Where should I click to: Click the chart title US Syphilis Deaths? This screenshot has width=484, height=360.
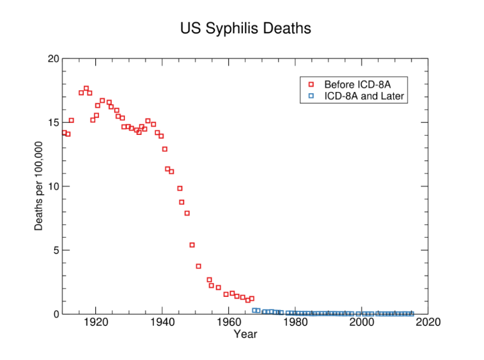click(245, 29)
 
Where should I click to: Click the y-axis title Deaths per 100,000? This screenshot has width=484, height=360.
click(39, 186)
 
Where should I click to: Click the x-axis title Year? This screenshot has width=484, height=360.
click(245, 334)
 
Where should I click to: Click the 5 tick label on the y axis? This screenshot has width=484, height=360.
click(56, 250)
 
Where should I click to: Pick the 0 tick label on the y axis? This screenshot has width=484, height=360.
click(56, 314)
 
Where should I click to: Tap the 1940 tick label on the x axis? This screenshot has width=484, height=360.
click(162, 323)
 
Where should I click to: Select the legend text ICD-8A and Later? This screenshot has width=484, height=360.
click(364, 96)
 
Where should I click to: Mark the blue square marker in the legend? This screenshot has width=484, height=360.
click(310, 96)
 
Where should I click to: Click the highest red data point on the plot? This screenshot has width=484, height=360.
click(86, 88)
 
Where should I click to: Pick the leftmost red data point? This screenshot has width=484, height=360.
click(64, 132)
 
